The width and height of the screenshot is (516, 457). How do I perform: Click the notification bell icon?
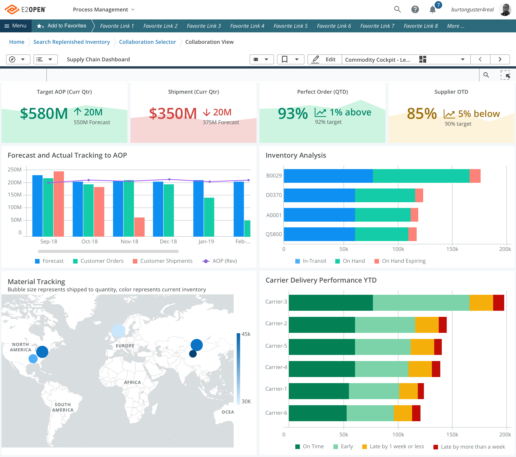tap(432, 10)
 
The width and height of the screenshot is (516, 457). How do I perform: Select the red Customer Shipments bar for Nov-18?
tap(139, 227)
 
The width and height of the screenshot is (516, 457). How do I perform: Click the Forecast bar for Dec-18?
tap(158, 209)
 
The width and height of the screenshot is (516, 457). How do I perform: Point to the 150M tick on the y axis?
tap(15, 195)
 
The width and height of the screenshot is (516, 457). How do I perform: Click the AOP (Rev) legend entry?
tap(220, 261)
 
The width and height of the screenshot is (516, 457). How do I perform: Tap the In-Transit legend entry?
tap(311, 261)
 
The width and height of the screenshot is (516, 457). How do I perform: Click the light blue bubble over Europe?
tap(118, 330)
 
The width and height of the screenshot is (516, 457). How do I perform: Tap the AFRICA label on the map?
tap(132, 382)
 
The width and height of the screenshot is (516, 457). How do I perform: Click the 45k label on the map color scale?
tap(246, 334)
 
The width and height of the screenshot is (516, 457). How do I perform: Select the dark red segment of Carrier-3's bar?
tap(498, 303)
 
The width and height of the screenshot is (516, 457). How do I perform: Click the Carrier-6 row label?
tap(276, 413)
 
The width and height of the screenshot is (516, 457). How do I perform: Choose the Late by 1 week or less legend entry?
tap(393, 446)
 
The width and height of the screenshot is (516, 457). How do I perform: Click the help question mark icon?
tap(415, 10)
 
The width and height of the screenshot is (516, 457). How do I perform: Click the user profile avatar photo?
tap(505, 10)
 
